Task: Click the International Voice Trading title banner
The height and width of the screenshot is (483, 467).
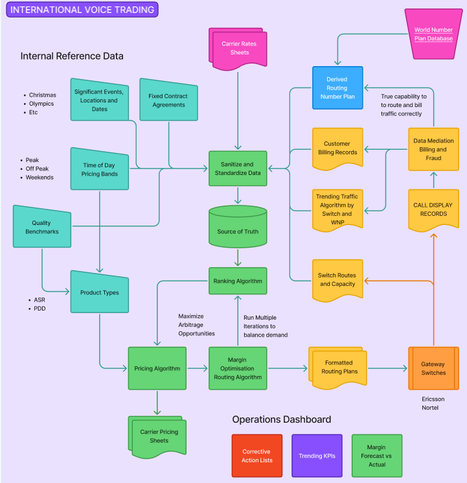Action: tap(83, 10)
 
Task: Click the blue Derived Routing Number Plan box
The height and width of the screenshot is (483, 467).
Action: tap(337, 88)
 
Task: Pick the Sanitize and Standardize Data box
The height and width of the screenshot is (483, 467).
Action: tap(238, 169)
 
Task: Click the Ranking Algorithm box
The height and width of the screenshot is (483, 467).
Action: tap(238, 281)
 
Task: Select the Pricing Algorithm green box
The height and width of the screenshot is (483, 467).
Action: tap(157, 368)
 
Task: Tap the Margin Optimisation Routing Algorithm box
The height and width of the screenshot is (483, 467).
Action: tap(238, 368)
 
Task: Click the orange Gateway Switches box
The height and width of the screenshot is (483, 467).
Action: tap(433, 368)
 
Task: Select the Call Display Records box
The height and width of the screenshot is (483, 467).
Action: tap(433, 209)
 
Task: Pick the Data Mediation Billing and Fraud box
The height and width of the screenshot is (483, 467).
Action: tap(433, 149)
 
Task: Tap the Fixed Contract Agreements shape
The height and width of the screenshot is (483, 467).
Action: tap(168, 100)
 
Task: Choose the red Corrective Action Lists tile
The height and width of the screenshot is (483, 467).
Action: tap(256, 456)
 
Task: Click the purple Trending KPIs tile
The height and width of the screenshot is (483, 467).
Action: tap(317, 456)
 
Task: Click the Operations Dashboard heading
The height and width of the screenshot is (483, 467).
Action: tap(281, 419)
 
